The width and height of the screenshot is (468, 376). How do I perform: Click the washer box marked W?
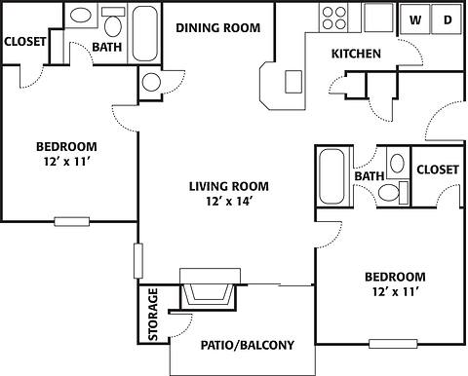point(415,19)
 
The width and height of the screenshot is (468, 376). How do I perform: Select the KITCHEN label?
point(356,54)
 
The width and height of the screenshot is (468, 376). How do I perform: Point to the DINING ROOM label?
point(218,28)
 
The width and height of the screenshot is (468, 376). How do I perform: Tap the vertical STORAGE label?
point(153,314)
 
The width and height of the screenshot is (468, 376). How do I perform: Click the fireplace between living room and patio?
point(207,289)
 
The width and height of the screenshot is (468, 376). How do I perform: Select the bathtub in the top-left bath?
point(145,30)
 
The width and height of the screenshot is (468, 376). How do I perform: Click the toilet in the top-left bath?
point(114,23)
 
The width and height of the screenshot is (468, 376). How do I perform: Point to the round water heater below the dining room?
point(153,82)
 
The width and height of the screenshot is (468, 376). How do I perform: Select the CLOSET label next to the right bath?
point(437,169)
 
